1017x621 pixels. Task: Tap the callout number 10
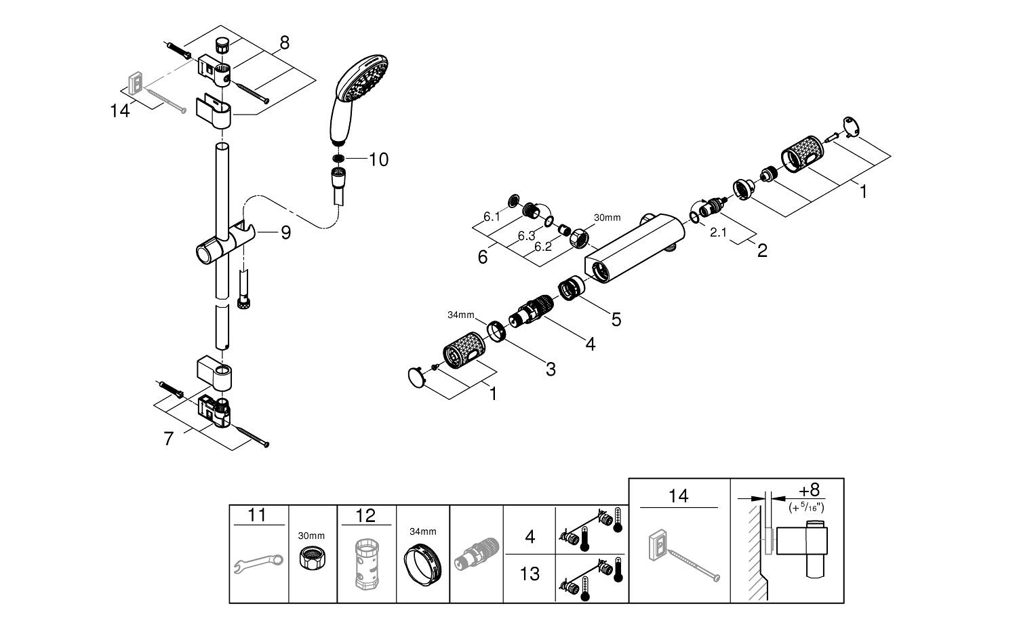click(378, 160)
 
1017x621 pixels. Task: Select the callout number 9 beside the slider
click(285, 233)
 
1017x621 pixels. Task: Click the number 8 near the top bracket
click(284, 43)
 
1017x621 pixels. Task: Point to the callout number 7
click(169, 439)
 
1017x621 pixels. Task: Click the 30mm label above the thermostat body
click(607, 218)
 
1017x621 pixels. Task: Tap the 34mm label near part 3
click(461, 315)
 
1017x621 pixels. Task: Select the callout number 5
click(616, 319)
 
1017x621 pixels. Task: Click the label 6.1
click(492, 217)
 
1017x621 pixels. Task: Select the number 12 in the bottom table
click(365, 516)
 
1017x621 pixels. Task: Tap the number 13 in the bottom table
click(530, 574)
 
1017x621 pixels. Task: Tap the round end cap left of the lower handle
click(416, 376)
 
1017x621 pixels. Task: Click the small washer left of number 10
click(338, 159)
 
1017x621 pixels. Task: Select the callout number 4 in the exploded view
click(590, 344)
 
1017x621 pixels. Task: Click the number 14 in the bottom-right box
click(678, 496)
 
